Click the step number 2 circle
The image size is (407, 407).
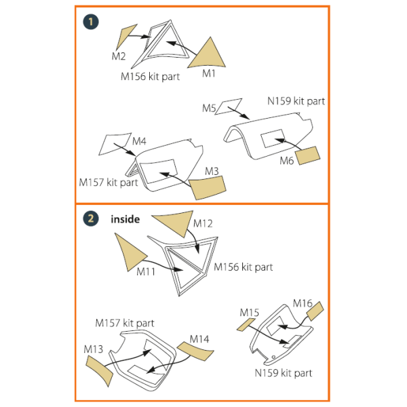91,219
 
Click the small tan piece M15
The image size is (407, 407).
245,324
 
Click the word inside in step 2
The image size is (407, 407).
125,219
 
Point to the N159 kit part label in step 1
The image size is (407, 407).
296,101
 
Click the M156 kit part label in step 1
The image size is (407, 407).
150,77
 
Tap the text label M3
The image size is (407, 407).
212,172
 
